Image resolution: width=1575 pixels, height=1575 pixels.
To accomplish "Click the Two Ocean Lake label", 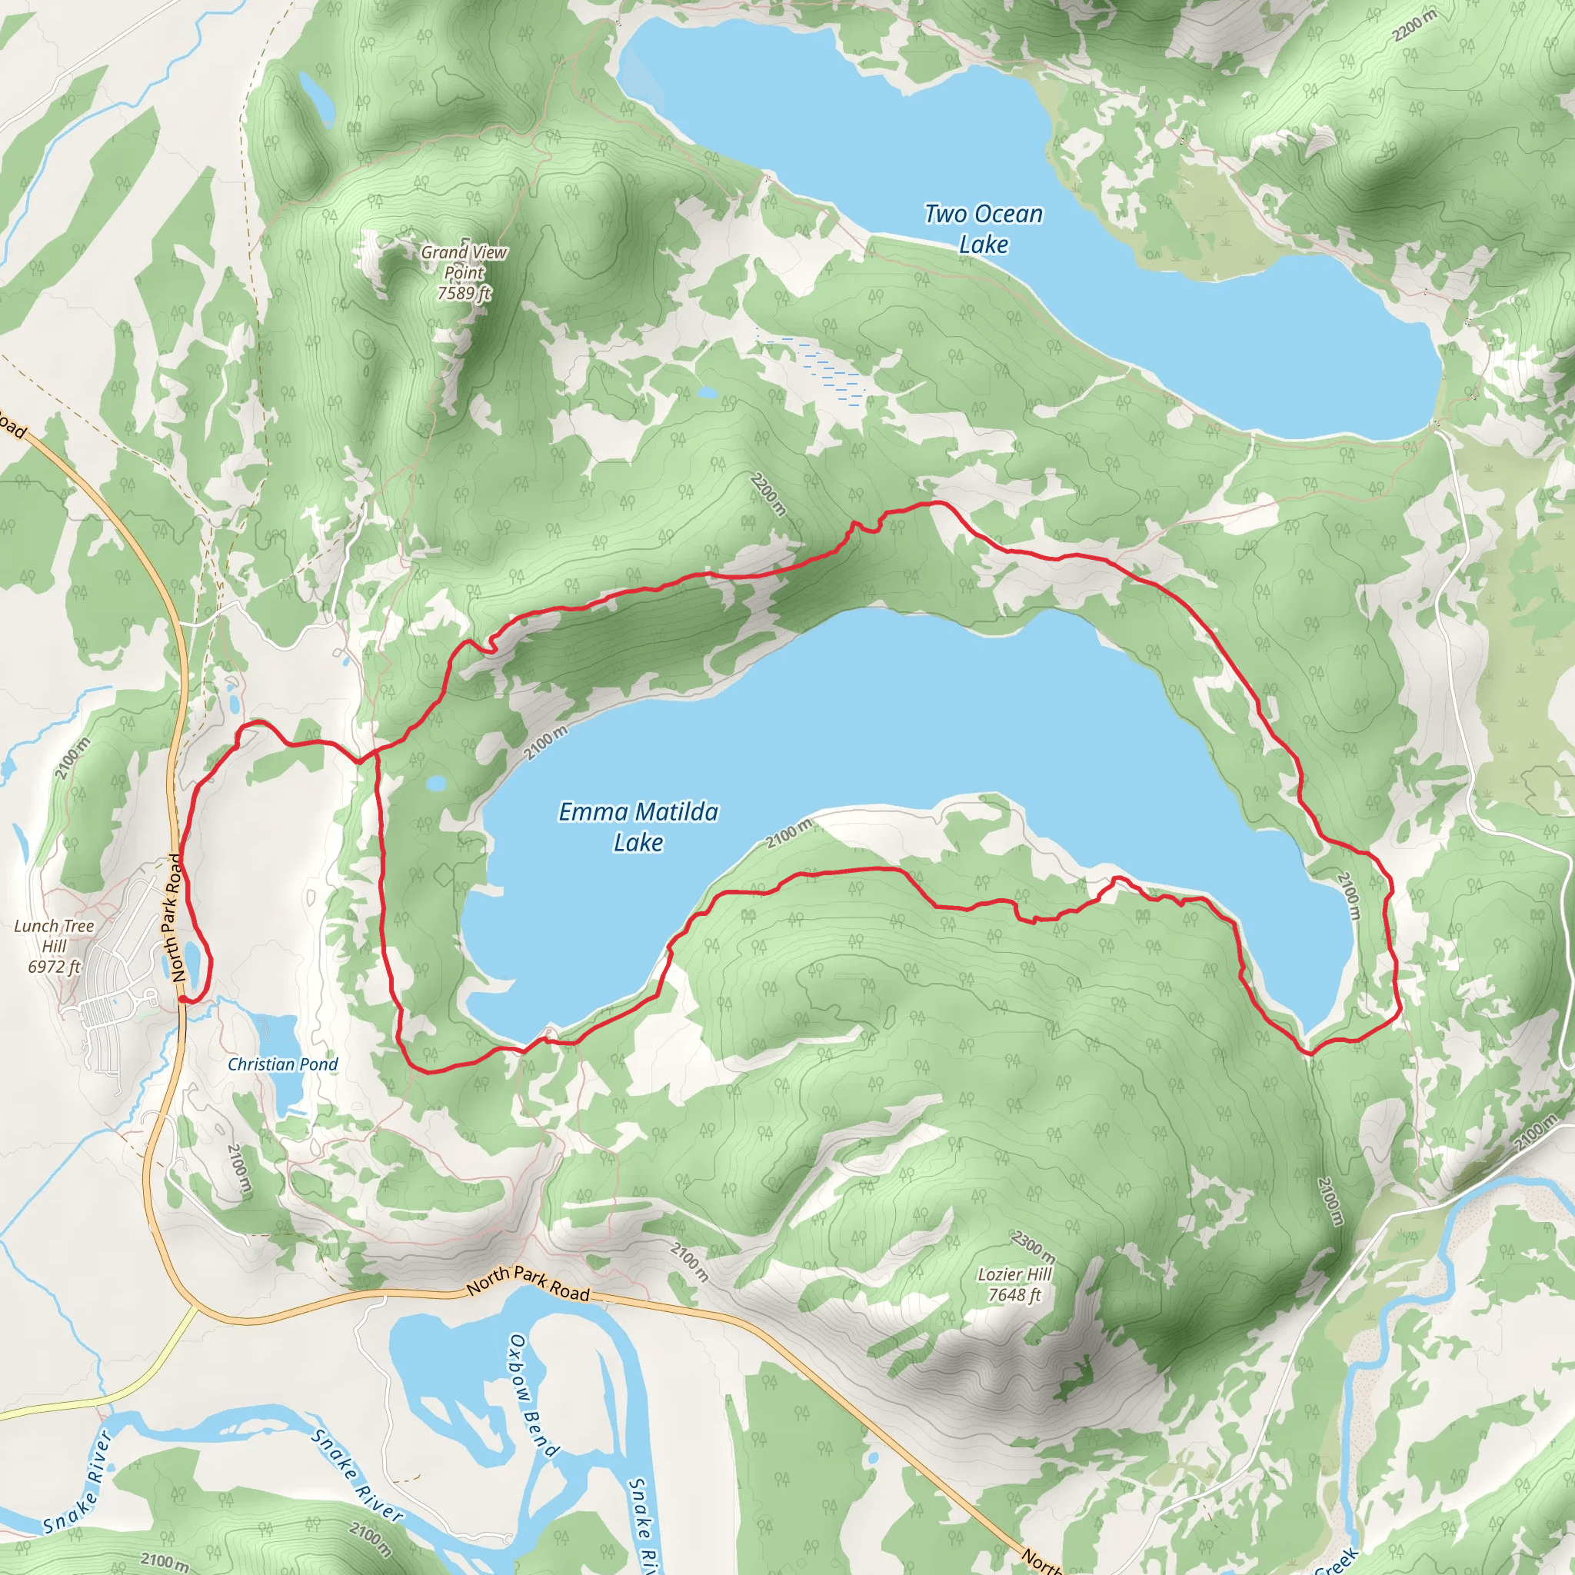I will tap(983, 229).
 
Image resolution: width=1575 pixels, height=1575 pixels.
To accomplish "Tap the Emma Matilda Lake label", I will tap(638, 827).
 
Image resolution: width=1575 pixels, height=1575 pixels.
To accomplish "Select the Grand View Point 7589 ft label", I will tap(464, 272).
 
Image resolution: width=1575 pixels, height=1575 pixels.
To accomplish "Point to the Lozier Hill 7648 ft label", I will tap(1015, 1284).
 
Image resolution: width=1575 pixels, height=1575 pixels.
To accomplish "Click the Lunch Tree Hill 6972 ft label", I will tap(54, 946).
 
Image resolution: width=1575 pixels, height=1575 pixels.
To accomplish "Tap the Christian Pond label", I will tap(282, 1064).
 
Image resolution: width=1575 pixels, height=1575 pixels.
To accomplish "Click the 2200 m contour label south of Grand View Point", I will tap(768, 494).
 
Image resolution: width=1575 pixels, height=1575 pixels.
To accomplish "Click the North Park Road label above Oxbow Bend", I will tap(528, 1282).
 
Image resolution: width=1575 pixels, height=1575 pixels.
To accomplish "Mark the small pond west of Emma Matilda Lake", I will tap(437, 784).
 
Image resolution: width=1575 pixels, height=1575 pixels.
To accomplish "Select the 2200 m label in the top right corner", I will tap(1414, 26).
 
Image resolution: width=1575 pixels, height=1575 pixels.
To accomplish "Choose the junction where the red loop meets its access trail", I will tap(359, 762).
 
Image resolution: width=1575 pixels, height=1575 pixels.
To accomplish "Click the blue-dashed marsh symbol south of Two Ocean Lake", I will tap(827, 371).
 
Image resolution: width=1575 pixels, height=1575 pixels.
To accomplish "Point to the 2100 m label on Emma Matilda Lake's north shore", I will tap(544, 744).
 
